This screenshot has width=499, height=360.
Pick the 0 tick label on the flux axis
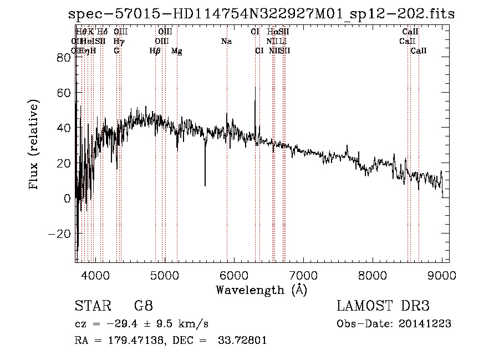tap(67, 199)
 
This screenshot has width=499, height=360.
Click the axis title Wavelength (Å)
tap(261, 290)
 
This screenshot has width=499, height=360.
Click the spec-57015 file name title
tap(261, 14)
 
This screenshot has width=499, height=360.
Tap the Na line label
tap(226, 41)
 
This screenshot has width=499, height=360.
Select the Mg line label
tap(177, 51)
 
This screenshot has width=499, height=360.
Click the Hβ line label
tap(155, 51)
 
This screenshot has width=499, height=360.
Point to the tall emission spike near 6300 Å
tap(255, 88)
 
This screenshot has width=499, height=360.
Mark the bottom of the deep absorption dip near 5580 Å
tap(205, 185)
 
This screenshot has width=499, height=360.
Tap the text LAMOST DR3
tap(383, 306)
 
